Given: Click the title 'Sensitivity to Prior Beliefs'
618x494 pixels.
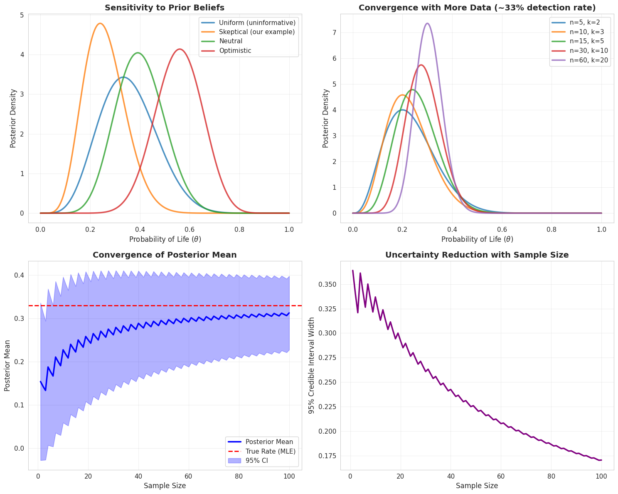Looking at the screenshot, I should click(x=165, y=7).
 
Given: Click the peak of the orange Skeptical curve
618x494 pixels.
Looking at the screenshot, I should click(x=100, y=23).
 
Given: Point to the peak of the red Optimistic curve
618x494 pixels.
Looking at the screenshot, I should click(x=180, y=49).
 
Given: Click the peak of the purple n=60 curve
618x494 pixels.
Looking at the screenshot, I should click(x=427, y=23).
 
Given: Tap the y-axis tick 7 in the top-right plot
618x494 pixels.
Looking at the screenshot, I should click(x=334, y=32).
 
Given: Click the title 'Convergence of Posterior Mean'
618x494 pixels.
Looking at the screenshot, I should click(x=165, y=255).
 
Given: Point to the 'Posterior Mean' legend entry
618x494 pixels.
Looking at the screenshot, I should click(x=269, y=442).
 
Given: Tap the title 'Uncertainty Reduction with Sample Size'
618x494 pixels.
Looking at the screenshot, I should click(x=477, y=255).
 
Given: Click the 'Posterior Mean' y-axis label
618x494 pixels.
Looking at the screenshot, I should click(x=7, y=365).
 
